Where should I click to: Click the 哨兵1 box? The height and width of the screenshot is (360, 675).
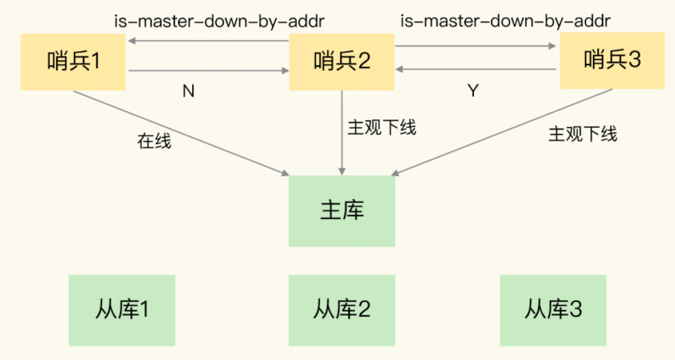pos(73,62)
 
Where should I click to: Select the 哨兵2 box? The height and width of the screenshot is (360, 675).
pos(342,62)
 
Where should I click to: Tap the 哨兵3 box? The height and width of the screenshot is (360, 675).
pos(612,60)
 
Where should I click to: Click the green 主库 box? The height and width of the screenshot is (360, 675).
pos(342,210)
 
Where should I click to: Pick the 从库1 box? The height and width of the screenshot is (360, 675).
pos(122,311)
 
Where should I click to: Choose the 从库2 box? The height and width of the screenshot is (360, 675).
pos(342,311)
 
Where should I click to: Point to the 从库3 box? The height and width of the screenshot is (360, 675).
pos(553,311)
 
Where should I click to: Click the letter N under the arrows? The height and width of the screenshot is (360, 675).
pos(188,91)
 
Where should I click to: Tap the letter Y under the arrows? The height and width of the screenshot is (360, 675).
pos(473,91)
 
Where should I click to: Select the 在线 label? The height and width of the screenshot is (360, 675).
pos(154,141)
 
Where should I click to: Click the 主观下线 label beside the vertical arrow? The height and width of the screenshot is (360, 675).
pos(382,128)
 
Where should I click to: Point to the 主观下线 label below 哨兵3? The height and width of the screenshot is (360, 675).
pos(582,134)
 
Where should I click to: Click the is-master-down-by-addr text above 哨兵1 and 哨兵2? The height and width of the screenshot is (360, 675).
pos(219,21)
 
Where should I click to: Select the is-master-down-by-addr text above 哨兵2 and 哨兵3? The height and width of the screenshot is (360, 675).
pos(505,21)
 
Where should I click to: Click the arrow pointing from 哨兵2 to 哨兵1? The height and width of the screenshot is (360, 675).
pos(209,41)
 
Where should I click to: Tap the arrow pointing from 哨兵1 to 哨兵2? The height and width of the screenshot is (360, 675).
pos(209,70)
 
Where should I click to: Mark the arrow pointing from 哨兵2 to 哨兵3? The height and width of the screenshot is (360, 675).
pos(476,46)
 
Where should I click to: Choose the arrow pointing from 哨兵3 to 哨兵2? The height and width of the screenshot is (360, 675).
pos(476,69)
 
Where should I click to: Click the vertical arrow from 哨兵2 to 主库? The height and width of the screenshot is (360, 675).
pos(342,133)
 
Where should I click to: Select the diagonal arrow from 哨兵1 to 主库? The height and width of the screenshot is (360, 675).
pos(181,133)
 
